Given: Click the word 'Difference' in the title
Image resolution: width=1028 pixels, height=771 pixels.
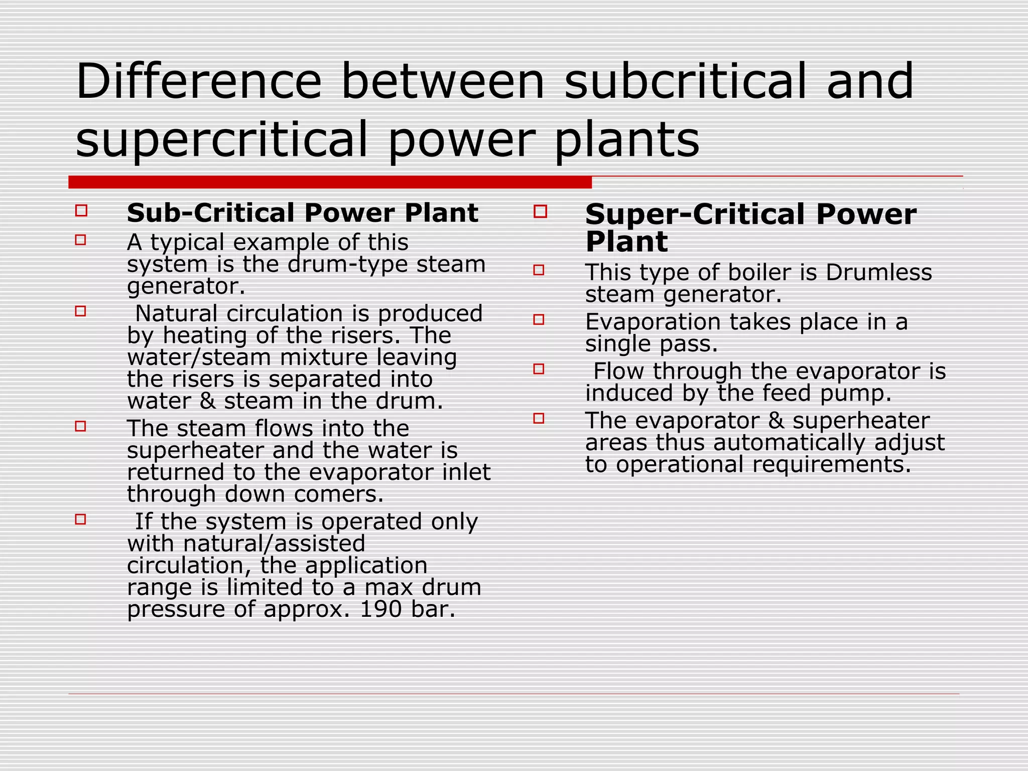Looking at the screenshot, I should (x=198, y=81).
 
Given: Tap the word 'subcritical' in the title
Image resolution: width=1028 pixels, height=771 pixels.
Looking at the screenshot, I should (x=685, y=81).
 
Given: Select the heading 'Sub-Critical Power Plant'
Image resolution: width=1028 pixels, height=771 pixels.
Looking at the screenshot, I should (x=302, y=213).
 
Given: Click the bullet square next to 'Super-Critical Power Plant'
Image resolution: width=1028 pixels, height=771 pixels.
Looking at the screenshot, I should (x=540, y=211).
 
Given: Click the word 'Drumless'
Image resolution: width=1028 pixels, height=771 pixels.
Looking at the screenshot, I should (x=878, y=273).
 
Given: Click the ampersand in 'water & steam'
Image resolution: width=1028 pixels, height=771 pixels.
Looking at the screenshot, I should (x=207, y=402).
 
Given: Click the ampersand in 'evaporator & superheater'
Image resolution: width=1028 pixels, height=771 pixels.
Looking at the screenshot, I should (x=776, y=421).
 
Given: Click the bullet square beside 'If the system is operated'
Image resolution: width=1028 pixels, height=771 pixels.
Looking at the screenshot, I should (x=81, y=519).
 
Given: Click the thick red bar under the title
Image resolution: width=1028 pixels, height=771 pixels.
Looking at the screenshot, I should (x=330, y=182).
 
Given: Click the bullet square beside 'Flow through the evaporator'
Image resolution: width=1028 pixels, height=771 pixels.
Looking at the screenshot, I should (x=539, y=369).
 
